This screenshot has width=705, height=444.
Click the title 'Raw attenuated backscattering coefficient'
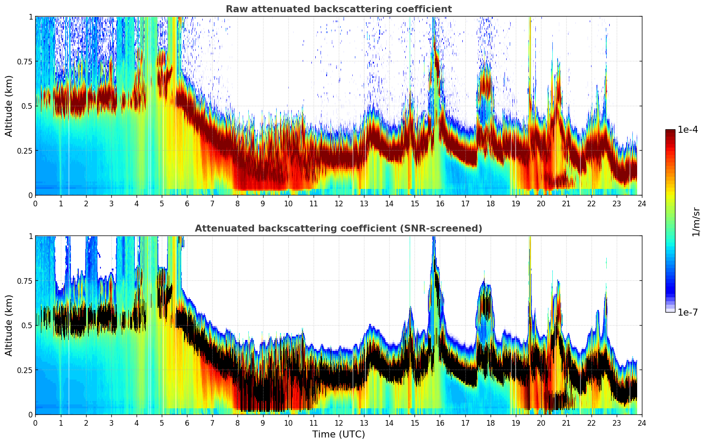(338, 9)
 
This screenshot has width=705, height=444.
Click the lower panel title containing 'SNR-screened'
(338, 229)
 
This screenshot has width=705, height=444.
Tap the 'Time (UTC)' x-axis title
(338, 434)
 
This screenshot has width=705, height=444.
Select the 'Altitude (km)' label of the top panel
(9, 106)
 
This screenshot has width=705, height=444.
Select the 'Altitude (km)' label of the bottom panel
(9, 325)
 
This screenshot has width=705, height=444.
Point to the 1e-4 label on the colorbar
(687, 129)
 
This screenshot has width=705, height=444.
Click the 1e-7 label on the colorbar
(687, 312)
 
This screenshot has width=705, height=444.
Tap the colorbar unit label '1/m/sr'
(696, 222)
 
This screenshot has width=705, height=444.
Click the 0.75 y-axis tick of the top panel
(24, 61)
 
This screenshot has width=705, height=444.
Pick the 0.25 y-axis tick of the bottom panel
(24, 370)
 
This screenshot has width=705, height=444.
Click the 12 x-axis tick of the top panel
(338, 203)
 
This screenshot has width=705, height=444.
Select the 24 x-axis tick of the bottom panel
(642, 423)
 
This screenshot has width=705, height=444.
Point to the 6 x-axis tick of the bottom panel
(187, 423)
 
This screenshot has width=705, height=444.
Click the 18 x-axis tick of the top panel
(490, 203)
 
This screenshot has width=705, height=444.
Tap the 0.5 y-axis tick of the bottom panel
(27, 325)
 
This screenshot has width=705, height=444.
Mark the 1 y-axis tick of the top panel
(30, 17)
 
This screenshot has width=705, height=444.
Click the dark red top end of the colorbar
(670, 132)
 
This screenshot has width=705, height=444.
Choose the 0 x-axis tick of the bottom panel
(35, 423)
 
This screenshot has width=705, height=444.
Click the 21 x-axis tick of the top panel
(566, 203)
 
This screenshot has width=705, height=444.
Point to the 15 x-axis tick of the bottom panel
(414, 423)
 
